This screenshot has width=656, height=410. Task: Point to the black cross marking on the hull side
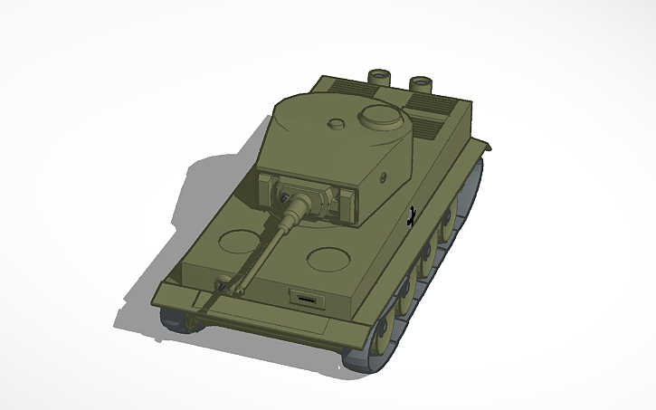click(413, 215)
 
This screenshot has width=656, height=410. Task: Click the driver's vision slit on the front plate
click(306, 296)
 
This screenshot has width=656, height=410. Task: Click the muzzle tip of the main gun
click(218, 288)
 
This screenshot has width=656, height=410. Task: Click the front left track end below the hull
click(174, 319)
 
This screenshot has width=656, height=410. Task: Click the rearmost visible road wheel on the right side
click(470, 186)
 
